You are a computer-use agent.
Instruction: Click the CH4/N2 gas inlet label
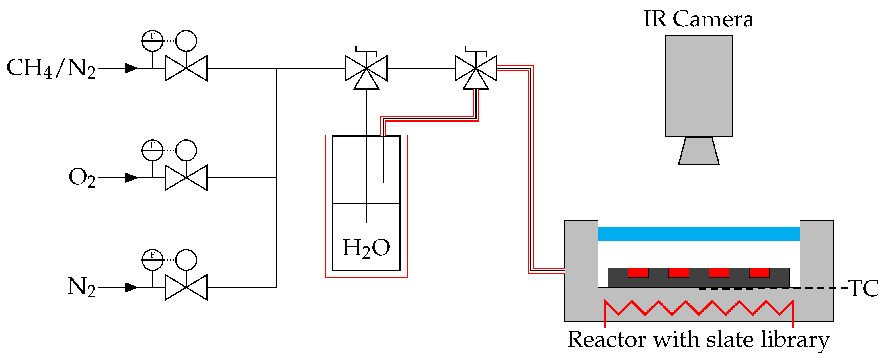(51, 68)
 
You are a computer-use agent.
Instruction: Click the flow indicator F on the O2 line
(152, 150)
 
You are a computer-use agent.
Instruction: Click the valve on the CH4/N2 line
(186, 68)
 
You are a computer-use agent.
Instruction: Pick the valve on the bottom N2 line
(186, 287)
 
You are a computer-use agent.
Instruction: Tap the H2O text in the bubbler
(366, 248)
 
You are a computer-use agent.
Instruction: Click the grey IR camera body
(699, 86)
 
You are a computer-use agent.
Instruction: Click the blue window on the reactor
(699, 234)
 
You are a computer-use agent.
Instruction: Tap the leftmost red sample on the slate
(638, 272)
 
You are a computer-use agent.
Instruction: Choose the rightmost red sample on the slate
(759, 272)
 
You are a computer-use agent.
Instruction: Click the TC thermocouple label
(864, 288)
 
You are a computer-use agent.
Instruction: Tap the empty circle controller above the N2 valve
(186, 260)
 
